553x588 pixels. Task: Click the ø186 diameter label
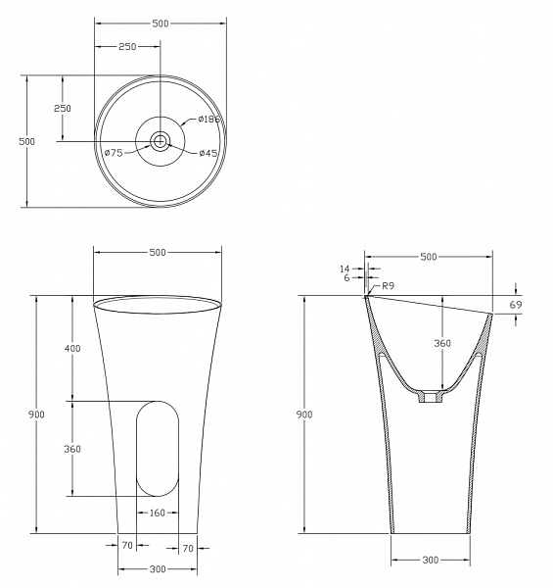209,120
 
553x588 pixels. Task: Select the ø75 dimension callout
114,153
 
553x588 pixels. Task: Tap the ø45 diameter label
208,153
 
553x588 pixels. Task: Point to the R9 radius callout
389,286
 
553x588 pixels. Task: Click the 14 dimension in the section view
345,269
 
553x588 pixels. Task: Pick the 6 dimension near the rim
346,278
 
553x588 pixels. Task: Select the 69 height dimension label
516,305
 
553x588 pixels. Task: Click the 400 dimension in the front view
72,348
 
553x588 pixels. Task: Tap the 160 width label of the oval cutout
158,513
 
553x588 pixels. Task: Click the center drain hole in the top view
161,141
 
